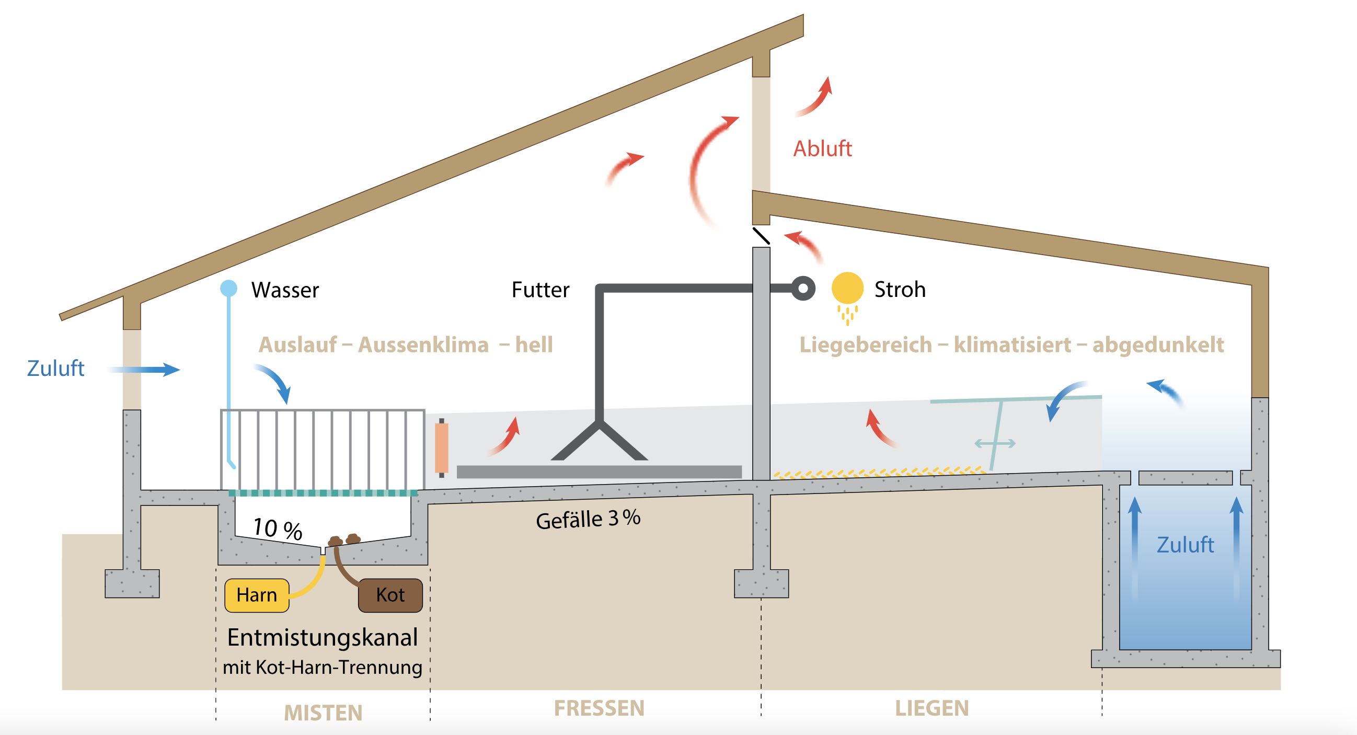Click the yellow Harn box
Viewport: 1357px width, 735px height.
257,595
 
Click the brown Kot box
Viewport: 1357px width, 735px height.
390,595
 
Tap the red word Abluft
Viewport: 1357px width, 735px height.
822,148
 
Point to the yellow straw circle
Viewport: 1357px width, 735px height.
847,288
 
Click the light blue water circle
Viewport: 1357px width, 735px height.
228,288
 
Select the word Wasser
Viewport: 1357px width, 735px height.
285,290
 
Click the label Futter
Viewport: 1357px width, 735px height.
540,290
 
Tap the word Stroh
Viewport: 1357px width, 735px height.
900,289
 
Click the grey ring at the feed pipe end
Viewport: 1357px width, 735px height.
803,288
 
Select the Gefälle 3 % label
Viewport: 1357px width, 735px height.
588,519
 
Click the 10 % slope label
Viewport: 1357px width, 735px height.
278,529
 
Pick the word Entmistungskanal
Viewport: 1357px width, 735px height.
323,638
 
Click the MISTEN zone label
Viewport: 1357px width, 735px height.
323,713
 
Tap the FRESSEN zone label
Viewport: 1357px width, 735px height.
599,708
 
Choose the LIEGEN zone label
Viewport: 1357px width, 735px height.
932,708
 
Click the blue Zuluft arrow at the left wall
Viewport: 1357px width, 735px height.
144,370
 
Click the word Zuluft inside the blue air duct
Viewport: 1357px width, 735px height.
1185,545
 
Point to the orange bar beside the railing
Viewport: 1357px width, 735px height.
442,448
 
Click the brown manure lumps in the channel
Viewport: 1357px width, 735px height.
344,540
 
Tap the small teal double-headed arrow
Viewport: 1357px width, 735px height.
995,444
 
